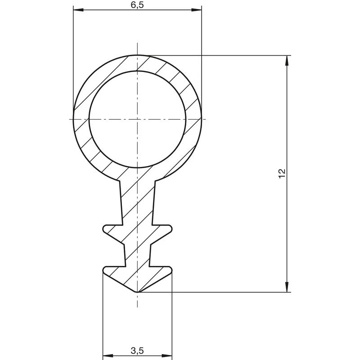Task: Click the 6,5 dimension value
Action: point(137,5)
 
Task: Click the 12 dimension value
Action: point(282,173)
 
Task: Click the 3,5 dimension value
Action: point(137,351)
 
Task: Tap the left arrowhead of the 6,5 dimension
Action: point(78,10)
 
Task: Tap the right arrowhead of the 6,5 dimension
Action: point(197,10)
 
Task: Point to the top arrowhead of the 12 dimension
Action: point(287,61)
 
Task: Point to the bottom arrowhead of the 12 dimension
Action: point(287,287)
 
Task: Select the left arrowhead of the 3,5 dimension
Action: point(108,356)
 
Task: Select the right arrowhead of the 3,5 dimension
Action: point(167,356)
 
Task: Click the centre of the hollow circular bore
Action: point(137,119)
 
